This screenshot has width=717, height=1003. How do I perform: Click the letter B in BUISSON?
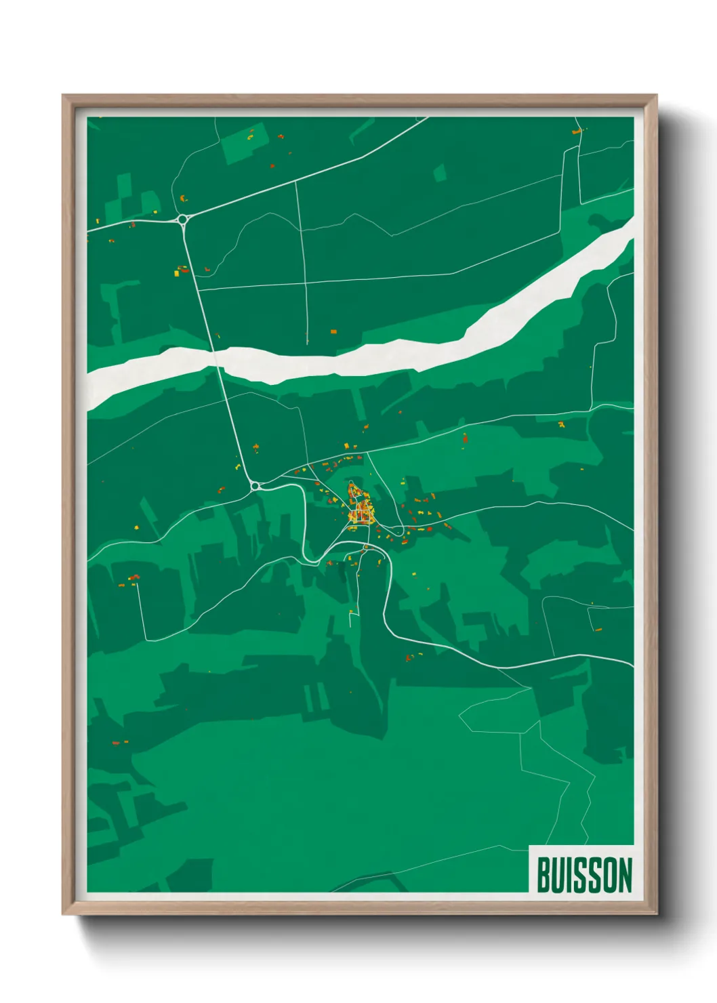pos(544,875)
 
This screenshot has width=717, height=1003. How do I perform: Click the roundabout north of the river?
pos(182,219)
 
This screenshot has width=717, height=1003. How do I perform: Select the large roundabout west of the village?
pos(255,485)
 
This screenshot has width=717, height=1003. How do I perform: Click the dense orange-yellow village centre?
pos(358,509)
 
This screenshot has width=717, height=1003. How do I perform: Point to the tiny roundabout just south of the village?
pos(366,546)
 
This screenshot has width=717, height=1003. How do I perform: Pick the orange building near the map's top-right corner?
pos(577,131)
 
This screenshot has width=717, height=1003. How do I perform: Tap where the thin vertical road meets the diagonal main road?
pos(295,181)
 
